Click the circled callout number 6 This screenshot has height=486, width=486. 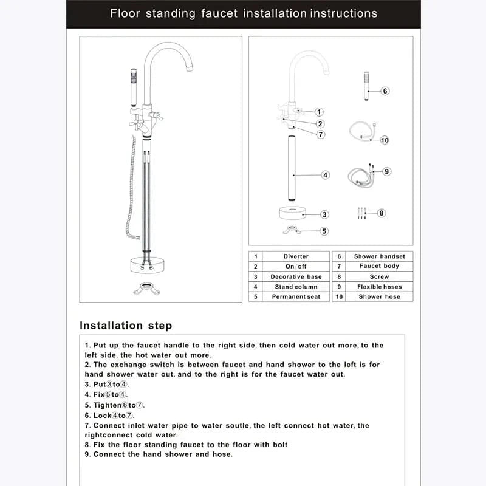(385, 91)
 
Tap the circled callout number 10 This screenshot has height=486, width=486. (385, 140)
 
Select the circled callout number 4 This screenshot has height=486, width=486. (326, 175)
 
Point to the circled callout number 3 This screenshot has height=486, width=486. (325, 214)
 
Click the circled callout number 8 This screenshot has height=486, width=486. (382, 213)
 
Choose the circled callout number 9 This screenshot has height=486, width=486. (386, 172)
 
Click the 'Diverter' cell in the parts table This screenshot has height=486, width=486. (296, 256)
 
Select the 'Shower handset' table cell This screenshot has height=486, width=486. (379, 256)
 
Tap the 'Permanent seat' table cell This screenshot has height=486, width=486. (296, 296)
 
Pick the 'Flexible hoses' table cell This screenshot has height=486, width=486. (379, 287)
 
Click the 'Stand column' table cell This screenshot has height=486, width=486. (296, 287)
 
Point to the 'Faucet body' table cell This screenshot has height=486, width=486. (379, 266)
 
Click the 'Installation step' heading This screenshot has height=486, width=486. (126, 326)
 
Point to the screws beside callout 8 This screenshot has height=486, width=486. (362, 213)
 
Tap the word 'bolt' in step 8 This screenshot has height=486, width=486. (278, 445)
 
